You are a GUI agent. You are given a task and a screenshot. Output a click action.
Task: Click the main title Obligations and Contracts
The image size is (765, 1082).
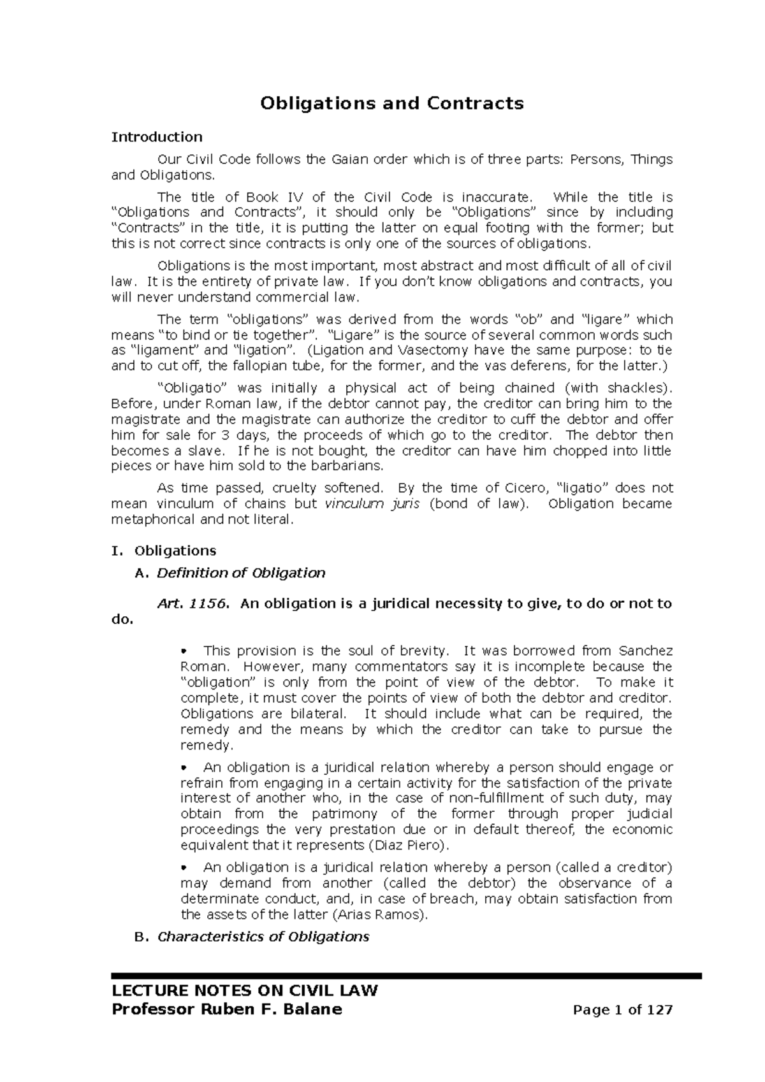point(391,103)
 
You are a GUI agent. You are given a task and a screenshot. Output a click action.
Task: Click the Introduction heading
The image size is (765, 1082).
point(157,137)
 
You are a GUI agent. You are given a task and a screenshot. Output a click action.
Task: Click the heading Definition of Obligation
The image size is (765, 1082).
point(241,573)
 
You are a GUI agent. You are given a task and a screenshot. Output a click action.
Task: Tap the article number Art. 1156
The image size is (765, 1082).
point(191,603)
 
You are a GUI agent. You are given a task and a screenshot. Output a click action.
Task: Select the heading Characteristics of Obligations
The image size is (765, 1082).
point(263,937)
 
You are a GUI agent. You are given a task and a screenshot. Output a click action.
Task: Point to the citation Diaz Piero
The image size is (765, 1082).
point(409,846)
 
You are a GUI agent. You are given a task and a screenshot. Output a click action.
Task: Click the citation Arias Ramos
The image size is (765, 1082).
point(380,915)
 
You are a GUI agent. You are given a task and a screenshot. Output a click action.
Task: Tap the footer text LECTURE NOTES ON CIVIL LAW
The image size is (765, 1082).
point(245,991)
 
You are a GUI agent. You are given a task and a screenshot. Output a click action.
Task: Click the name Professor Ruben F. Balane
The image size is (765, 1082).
point(226,1009)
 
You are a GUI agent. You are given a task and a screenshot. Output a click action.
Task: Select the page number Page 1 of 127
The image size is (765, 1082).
point(623,1011)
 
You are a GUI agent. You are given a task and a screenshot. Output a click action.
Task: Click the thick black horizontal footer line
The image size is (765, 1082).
point(406,976)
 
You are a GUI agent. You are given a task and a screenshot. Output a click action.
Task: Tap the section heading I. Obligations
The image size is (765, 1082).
point(164,551)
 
